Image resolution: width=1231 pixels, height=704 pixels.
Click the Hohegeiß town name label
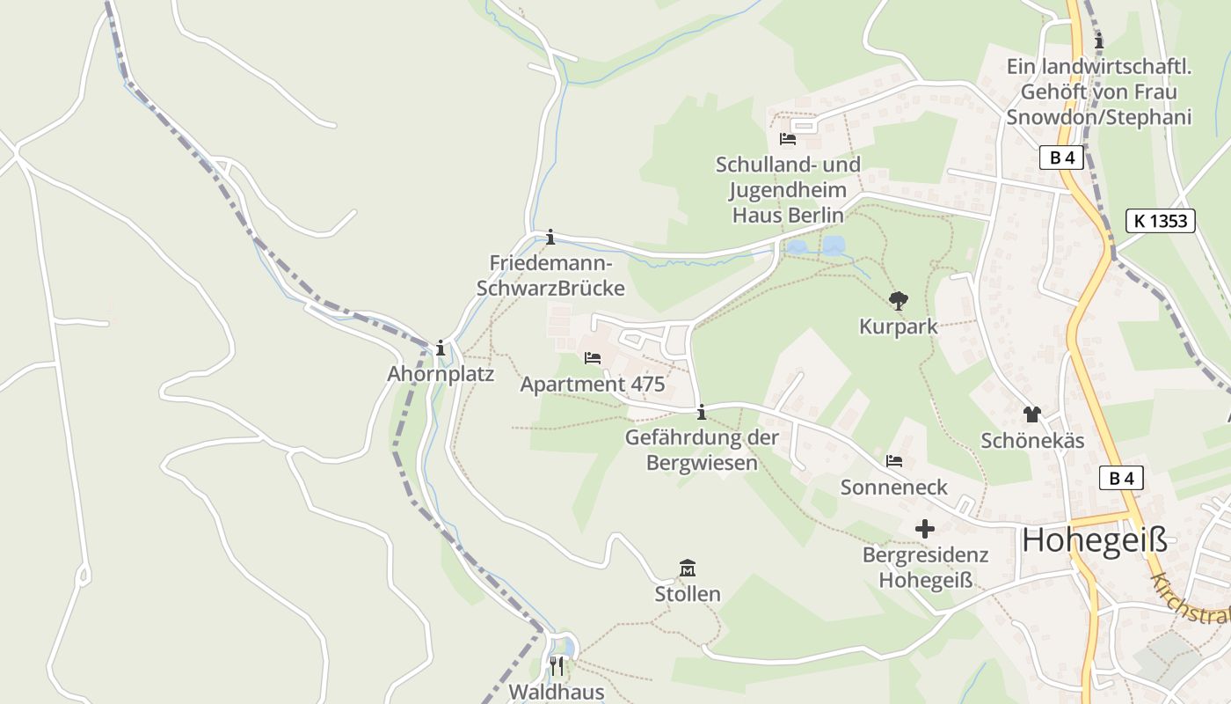pyautogui.click(x=1094, y=540)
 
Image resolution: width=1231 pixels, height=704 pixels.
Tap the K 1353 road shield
pyautogui.click(x=1160, y=221)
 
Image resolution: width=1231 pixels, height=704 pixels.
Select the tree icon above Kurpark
pyautogui.click(x=898, y=302)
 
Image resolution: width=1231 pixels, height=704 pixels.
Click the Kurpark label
pyautogui.click(x=898, y=327)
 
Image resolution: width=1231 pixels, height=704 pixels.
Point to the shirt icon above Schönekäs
pyautogui.click(x=1031, y=414)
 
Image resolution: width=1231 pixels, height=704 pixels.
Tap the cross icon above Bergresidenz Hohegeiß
pyautogui.click(x=924, y=529)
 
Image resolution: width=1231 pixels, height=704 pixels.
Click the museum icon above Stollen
pyautogui.click(x=688, y=568)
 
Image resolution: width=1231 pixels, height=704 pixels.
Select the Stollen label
pyautogui.click(x=688, y=594)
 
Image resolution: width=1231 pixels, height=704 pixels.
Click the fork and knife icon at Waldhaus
pyautogui.click(x=556, y=665)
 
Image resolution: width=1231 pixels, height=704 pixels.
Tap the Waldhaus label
pyautogui.click(x=556, y=692)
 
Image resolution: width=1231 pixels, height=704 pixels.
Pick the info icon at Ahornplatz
pyautogui.click(x=440, y=348)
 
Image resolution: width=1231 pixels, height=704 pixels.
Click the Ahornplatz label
pyautogui.click(x=441, y=374)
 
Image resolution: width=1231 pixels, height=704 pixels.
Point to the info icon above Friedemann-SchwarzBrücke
pyautogui.click(x=550, y=237)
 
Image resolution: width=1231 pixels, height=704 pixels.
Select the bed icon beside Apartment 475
pyautogui.click(x=593, y=358)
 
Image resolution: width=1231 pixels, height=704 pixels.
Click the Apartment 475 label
pyautogui.click(x=593, y=385)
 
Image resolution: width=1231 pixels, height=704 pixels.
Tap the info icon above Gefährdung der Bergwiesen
pyautogui.click(x=701, y=412)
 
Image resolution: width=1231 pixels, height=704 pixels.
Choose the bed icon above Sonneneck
pyautogui.click(x=894, y=461)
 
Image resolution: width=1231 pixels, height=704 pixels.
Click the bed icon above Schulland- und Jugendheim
pyautogui.click(x=787, y=139)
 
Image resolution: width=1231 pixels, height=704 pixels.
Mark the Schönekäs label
pyautogui.click(x=1032, y=441)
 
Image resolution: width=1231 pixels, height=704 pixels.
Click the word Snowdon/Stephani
pyautogui.click(x=1098, y=117)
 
